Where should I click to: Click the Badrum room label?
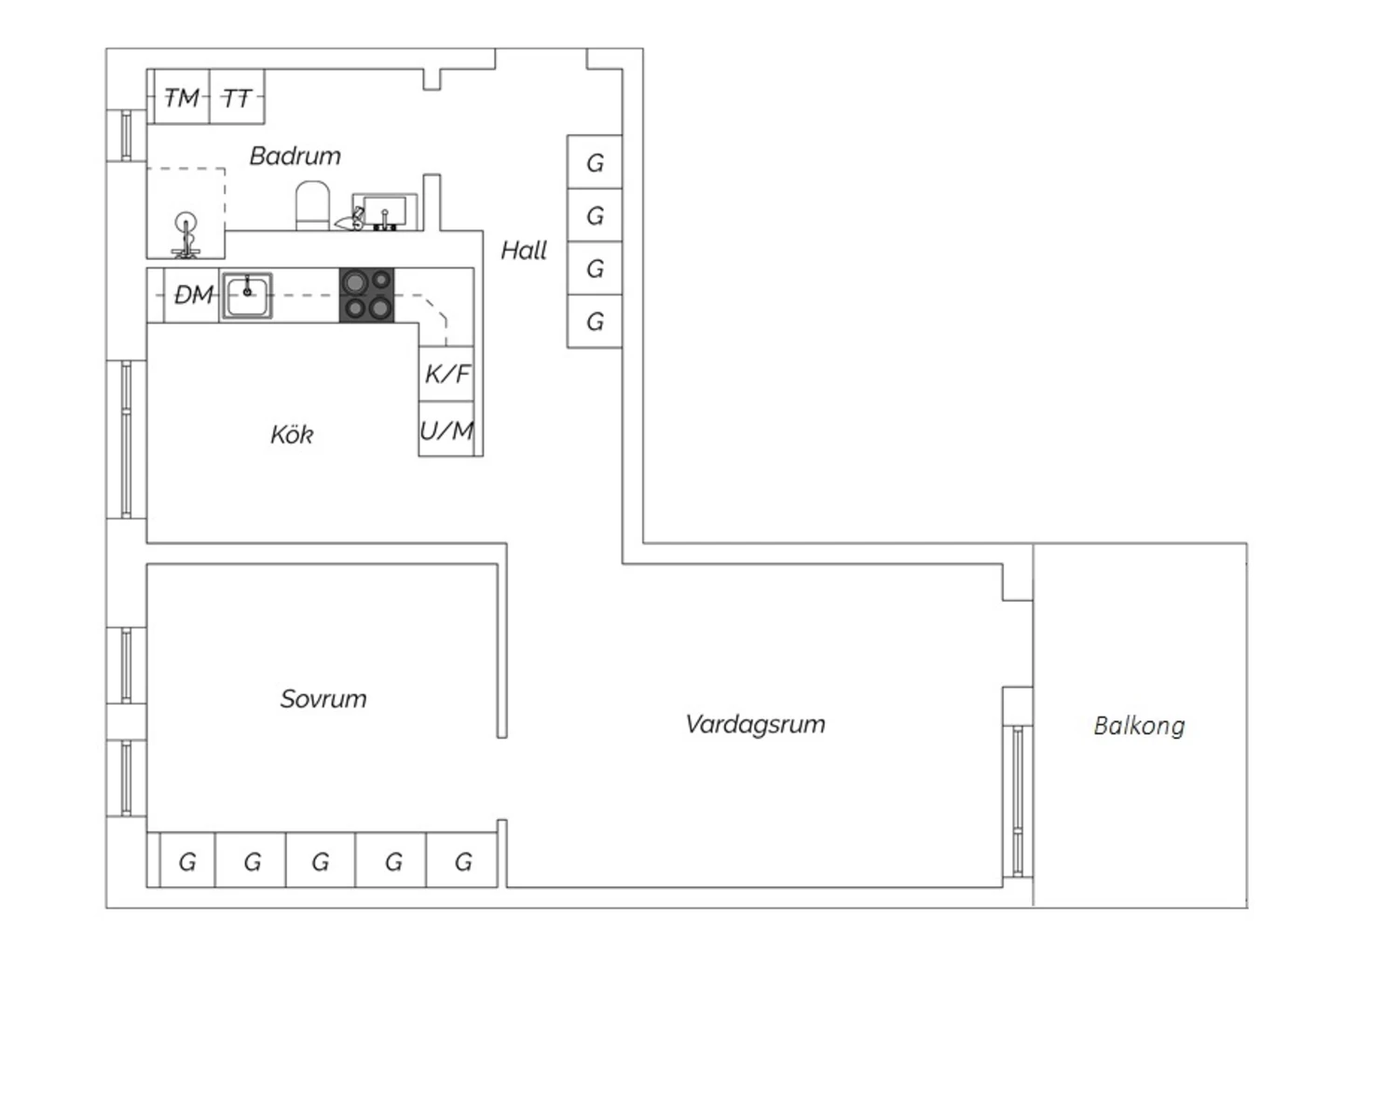(x=295, y=157)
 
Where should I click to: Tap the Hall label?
(x=524, y=250)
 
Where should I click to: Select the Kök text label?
(x=292, y=435)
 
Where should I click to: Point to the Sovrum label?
(x=323, y=699)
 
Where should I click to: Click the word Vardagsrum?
(x=755, y=725)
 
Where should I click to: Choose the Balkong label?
(x=1139, y=726)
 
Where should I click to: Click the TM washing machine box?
(x=182, y=97)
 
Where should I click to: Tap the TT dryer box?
(x=237, y=97)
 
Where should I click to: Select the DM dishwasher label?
(x=194, y=295)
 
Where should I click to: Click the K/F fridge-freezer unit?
(x=446, y=374)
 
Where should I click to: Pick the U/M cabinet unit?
(x=446, y=429)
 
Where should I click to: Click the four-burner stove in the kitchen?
(x=366, y=295)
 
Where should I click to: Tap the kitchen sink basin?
(x=247, y=295)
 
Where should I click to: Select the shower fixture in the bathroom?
(x=185, y=235)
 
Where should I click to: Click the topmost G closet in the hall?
(x=595, y=162)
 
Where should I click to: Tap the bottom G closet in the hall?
(x=595, y=321)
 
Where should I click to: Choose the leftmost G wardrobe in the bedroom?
(x=187, y=860)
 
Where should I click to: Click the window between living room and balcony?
(x=1018, y=801)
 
